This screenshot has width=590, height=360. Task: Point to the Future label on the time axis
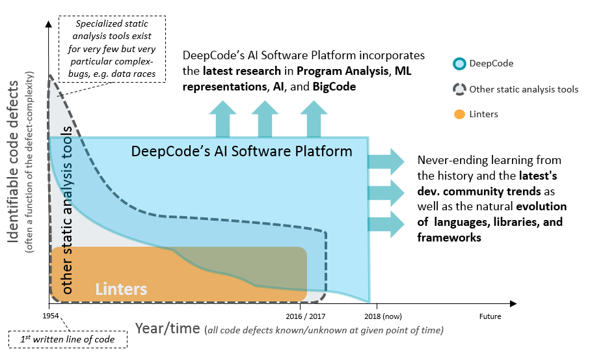coord(490,317)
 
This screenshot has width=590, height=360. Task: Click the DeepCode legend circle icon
coord(459,64)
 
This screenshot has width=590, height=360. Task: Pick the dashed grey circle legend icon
coord(459,89)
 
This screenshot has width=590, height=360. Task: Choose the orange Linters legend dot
coord(459,114)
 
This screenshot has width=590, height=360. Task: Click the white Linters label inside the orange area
coord(122,288)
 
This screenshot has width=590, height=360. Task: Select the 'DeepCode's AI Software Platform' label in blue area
coord(241,152)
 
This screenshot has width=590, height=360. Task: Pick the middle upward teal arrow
coord(265,118)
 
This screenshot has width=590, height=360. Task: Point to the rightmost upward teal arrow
coord(314,118)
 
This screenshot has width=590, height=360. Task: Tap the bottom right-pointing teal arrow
coord(386,223)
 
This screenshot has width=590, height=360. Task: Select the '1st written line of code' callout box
coord(68,339)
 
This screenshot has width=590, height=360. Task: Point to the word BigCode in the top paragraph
coord(334,87)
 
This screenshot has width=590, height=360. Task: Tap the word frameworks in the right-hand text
coord(449,238)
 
